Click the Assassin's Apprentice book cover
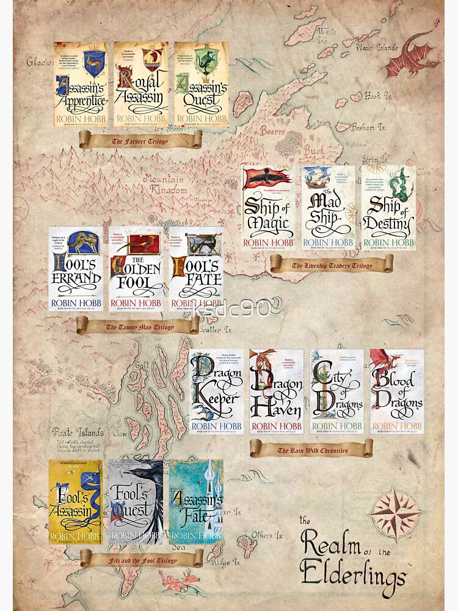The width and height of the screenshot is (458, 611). pos(81,84)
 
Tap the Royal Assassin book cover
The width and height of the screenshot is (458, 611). pos(141,84)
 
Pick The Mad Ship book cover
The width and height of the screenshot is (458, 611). pos(329,208)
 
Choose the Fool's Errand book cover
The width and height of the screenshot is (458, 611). pos(76,269)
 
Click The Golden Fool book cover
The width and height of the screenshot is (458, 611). pos(136,269)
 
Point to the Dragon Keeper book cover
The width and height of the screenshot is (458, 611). pos(217,392)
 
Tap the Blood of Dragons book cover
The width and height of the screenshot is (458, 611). pos(397,392)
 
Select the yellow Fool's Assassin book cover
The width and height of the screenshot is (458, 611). pos(76,502)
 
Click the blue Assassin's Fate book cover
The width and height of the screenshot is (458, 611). pos(195,502)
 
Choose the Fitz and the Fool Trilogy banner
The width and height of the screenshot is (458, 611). pos(141,558)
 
